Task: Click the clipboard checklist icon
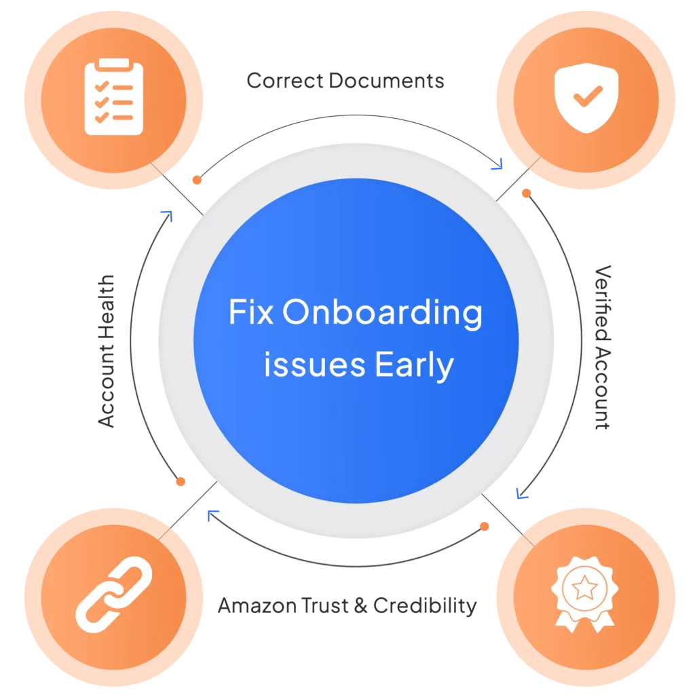(x=113, y=96)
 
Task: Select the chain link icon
(x=113, y=590)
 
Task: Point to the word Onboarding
(x=382, y=314)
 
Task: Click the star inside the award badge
(x=582, y=588)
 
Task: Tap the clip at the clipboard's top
(x=113, y=63)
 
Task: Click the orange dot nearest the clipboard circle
(x=196, y=181)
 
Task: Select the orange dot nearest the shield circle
(x=526, y=193)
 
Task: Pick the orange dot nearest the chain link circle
(x=180, y=482)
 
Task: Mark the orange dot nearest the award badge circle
(x=485, y=526)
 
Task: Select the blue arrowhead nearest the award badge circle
(x=521, y=493)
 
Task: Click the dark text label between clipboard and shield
(x=344, y=83)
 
